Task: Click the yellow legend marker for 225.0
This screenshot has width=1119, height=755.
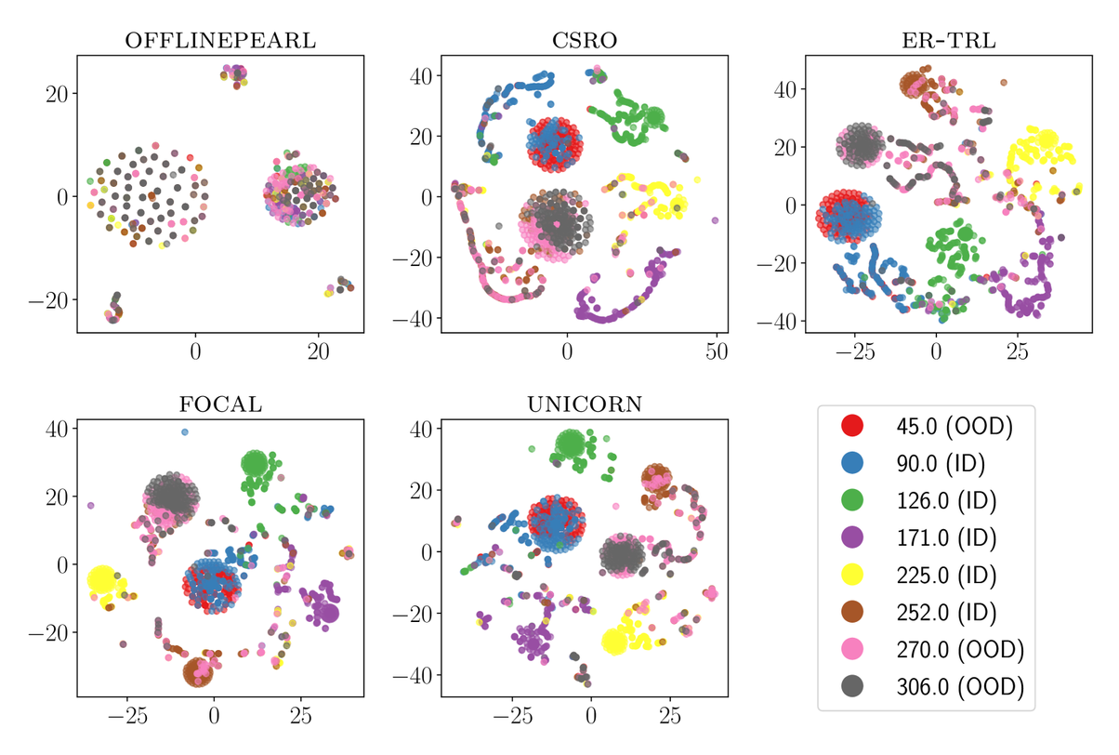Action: (850, 575)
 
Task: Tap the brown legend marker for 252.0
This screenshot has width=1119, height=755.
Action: (850, 612)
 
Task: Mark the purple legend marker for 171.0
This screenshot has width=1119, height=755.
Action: (850, 537)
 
